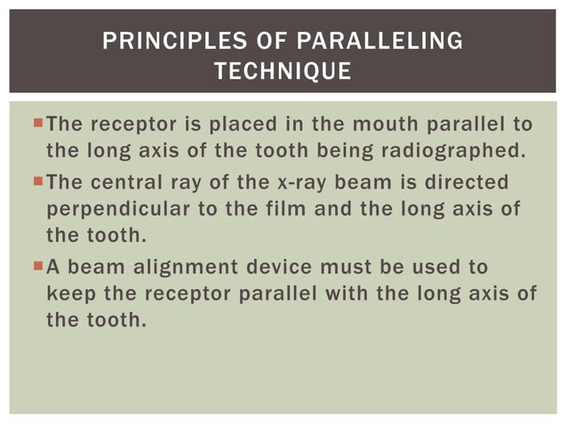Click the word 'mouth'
pos(375,122)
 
